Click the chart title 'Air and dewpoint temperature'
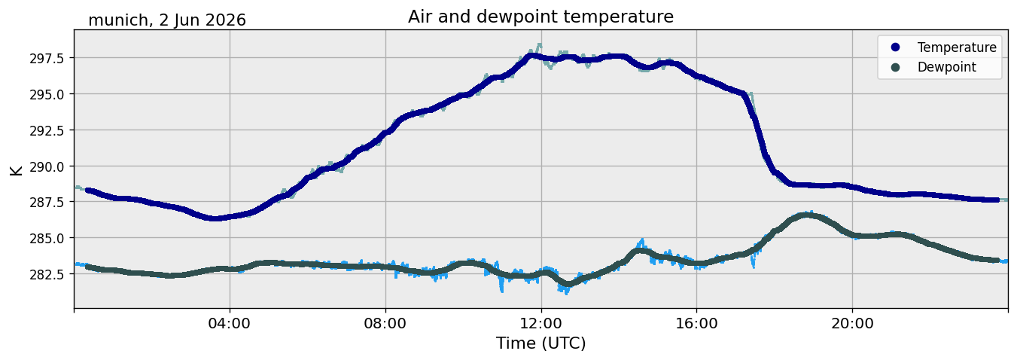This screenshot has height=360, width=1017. [540, 17]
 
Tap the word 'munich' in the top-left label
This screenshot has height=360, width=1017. [118, 20]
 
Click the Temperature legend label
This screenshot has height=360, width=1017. [957, 47]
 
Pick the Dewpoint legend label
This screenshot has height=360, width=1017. [947, 67]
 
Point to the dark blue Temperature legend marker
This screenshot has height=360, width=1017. [895, 47]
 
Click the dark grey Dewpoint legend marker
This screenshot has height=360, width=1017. [895, 67]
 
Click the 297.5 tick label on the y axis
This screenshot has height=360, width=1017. [47, 58]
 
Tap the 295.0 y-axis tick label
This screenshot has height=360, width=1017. [47, 94]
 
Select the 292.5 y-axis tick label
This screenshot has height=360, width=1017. [47, 130]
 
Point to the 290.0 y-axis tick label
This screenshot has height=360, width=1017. [47, 166]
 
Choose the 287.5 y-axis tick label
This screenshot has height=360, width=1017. [47, 202]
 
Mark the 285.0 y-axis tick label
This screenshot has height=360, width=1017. [47, 238]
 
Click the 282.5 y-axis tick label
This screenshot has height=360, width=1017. [47, 274]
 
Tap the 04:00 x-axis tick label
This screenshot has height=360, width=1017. [230, 324]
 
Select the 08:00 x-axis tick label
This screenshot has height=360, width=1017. [385, 324]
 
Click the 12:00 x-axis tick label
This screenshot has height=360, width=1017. [541, 324]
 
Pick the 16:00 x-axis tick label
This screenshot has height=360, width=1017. [697, 324]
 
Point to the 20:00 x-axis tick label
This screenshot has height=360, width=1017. [853, 324]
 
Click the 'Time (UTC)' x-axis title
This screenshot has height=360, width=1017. [540, 343]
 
